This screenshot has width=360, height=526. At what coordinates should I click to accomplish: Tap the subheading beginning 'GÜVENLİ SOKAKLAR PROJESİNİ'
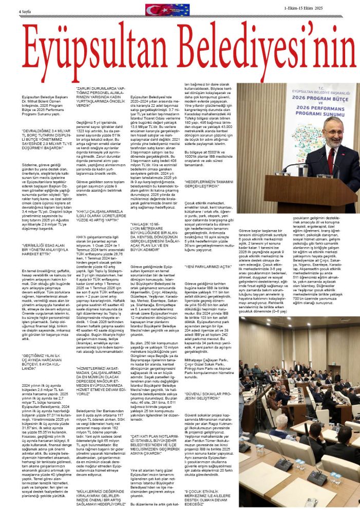click(x=208, y=397)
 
